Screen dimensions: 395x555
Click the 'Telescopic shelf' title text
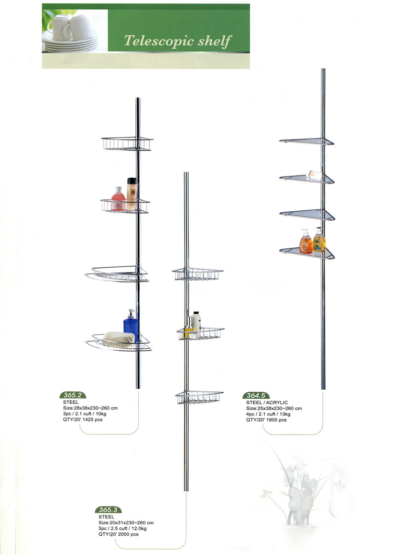click(x=178, y=41)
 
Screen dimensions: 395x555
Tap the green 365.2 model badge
click(x=73, y=395)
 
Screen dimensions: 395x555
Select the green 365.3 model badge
click(x=108, y=509)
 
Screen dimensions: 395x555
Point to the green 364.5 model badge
click(x=256, y=395)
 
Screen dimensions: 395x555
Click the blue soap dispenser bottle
click(x=131, y=325)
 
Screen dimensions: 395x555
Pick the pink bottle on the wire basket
click(x=118, y=199)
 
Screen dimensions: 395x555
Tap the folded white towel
click(x=118, y=339)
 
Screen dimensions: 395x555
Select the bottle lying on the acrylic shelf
click(x=314, y=175)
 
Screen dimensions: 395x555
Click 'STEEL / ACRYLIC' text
click(x=267, y=403)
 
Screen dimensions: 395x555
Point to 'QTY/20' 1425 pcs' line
click(x=82, y=419)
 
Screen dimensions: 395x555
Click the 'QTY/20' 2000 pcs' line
click(x=118, y=534)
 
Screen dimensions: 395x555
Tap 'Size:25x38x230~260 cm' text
click(x=274, y=408)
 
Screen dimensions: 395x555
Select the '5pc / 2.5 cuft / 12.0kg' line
click(x=122, y=528)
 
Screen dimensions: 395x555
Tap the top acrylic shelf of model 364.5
click(x=307, y=141)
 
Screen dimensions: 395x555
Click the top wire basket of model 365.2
click(x=127, y=143)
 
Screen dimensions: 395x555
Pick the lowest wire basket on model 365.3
click(x=199, y=397)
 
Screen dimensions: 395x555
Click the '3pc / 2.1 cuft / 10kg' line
click(x=85, y=414)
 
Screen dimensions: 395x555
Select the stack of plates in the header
click(x=71, y=43)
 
